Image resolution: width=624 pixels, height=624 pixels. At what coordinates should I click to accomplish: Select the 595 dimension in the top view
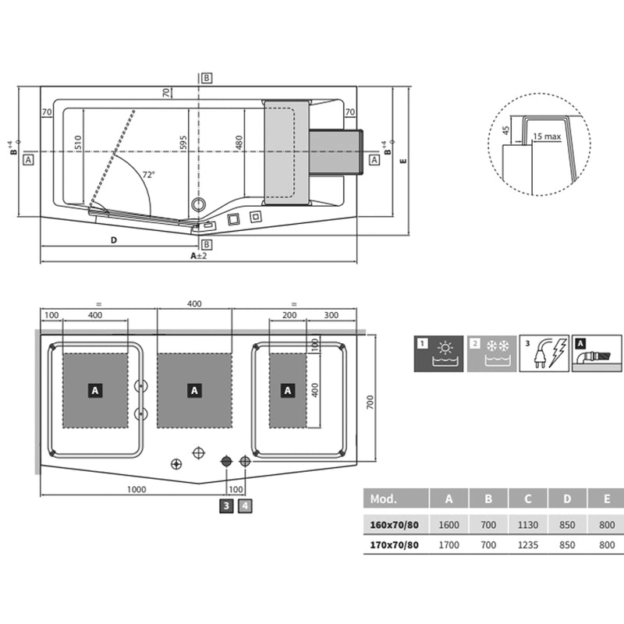[184, 144]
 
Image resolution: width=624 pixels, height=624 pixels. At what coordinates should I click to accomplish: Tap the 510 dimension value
[77, 144]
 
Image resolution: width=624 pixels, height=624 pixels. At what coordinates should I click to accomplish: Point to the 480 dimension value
[239, 143]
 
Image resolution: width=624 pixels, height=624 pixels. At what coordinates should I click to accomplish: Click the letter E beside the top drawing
[402, 161]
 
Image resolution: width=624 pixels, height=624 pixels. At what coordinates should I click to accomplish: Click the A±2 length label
[199, 255]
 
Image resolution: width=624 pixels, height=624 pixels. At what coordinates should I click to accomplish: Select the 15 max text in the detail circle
[548, 137]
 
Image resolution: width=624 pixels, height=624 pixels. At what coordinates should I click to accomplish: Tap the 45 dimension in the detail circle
[505, 130]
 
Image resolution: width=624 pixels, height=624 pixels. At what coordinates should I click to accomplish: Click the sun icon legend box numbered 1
[438, 353]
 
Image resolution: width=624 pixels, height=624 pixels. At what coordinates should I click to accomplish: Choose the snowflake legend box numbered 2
[491, 353]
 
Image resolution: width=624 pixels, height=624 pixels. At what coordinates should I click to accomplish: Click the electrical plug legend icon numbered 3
[544, 353]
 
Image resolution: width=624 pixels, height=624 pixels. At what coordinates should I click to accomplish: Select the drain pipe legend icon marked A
[597, 353]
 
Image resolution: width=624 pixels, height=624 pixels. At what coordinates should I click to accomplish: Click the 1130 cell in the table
[527, 525]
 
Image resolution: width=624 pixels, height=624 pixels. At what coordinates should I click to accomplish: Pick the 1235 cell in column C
[527, 545]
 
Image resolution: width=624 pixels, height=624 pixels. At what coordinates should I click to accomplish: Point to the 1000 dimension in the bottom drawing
[136, 489]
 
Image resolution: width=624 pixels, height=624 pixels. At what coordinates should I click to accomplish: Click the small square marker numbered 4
[246, 506]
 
